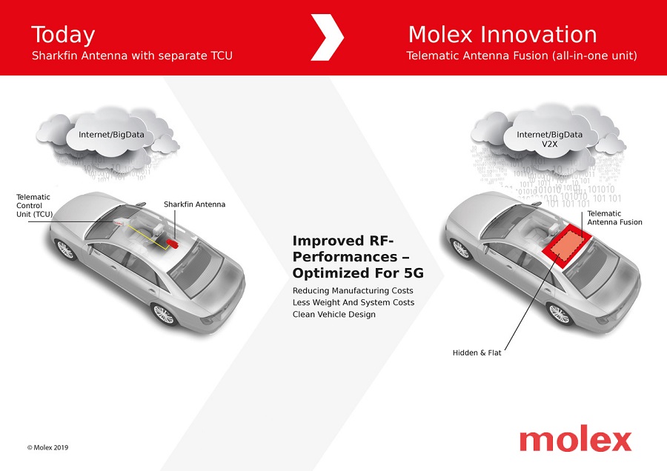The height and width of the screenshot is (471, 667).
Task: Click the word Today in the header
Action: (x=63, y=36)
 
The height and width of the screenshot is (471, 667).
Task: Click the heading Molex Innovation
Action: (x=502, y=34)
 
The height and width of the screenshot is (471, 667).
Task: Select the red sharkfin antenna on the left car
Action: (x=172, y=243)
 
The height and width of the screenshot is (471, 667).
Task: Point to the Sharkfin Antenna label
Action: (x=194, y=204)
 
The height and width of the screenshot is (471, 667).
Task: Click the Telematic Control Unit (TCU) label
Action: (x=34, y=206)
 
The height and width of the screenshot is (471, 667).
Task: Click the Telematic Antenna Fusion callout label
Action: (x=614, y=218)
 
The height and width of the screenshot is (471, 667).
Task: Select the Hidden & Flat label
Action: (x=477, y=353)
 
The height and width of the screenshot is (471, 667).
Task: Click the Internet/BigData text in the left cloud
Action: (x=111, y=135)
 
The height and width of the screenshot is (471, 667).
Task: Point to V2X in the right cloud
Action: (x=549, y=144)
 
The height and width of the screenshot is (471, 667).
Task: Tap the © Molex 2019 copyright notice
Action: (x=47, y=447)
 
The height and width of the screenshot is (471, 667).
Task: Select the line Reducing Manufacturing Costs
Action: (x=353, y=291)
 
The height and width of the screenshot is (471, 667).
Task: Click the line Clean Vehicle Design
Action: (x=334, y=315)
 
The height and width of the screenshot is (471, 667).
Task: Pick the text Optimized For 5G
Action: (x=358, y=273)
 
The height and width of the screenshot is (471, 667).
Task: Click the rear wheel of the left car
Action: (x=164, y=315)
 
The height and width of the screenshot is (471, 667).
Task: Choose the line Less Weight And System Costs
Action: (x=353, y=303)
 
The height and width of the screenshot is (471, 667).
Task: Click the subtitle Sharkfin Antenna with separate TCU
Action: (x=132, y=56)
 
